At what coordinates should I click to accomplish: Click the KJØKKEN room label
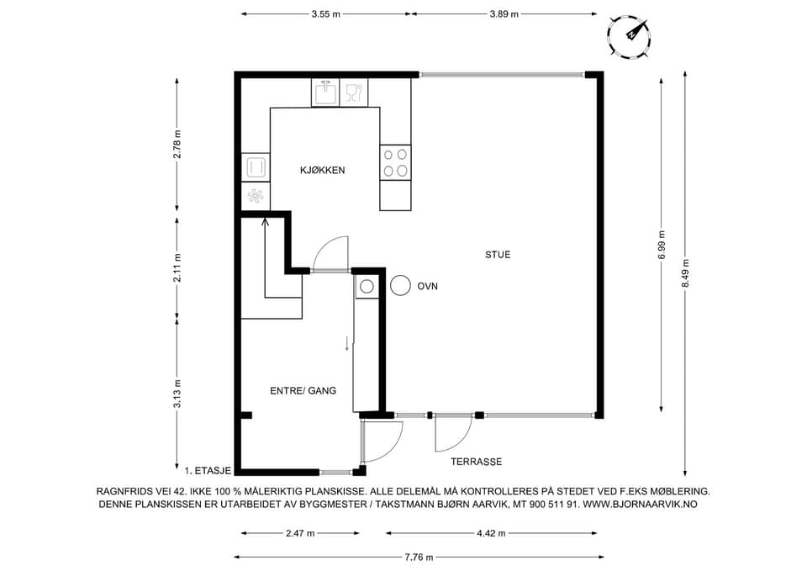coord(322,171)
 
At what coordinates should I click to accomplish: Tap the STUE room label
coord(498,254)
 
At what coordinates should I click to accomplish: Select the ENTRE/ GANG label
coord(303,391)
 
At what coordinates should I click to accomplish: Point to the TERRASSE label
coord(476,462)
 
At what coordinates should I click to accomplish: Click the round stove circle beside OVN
coord(400,285)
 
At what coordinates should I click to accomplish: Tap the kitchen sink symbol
coord(325,93)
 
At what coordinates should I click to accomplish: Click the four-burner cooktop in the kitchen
coord(395,162)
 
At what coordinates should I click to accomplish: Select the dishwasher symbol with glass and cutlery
coord(354,93)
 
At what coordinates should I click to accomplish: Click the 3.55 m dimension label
coord(326,14)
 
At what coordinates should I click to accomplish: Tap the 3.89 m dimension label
coord(504,14)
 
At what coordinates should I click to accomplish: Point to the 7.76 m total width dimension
coord(419,557)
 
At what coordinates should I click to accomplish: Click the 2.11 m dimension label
coord(177,267)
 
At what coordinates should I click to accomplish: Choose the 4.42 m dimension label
coord(491,533)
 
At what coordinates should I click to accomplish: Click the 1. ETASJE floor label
coord(208,470)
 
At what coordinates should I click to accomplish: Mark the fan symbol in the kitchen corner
coord(256,196)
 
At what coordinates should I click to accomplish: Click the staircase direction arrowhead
coord(266,222)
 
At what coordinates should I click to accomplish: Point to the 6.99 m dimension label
coord(662,244)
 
